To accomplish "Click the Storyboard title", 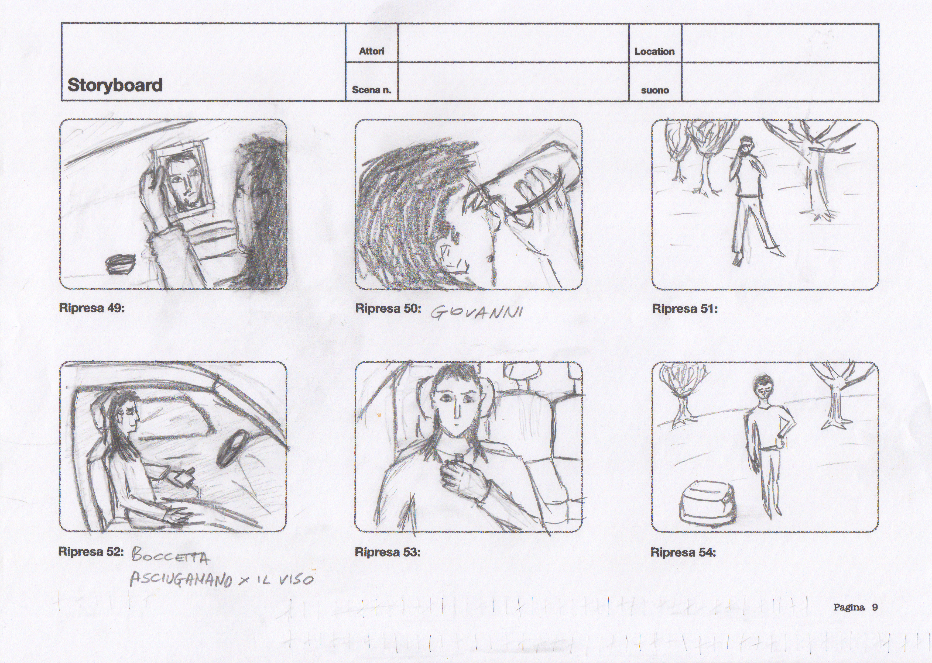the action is click(115, 85).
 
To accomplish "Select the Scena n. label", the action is click(372, 90).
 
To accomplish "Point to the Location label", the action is click(654, 51).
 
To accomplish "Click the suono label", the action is click(655, 90).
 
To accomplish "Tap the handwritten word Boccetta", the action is click(171, 557).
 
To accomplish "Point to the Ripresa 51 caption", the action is click(685, 309).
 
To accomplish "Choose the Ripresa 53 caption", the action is click(388, 552).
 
